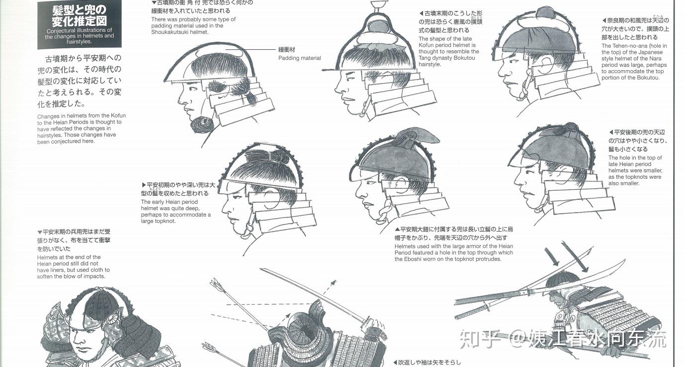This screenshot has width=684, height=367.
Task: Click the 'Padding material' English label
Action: pyautogui.click(x=300, y=58)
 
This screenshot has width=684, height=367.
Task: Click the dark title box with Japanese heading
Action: pyautogui.click(x=80, y=24)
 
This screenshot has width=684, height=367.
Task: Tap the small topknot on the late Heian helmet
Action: pyautogui.click(x=570, y=128)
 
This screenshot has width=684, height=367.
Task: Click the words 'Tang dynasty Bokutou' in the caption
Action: pyautogui.click(x=447, y=58)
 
